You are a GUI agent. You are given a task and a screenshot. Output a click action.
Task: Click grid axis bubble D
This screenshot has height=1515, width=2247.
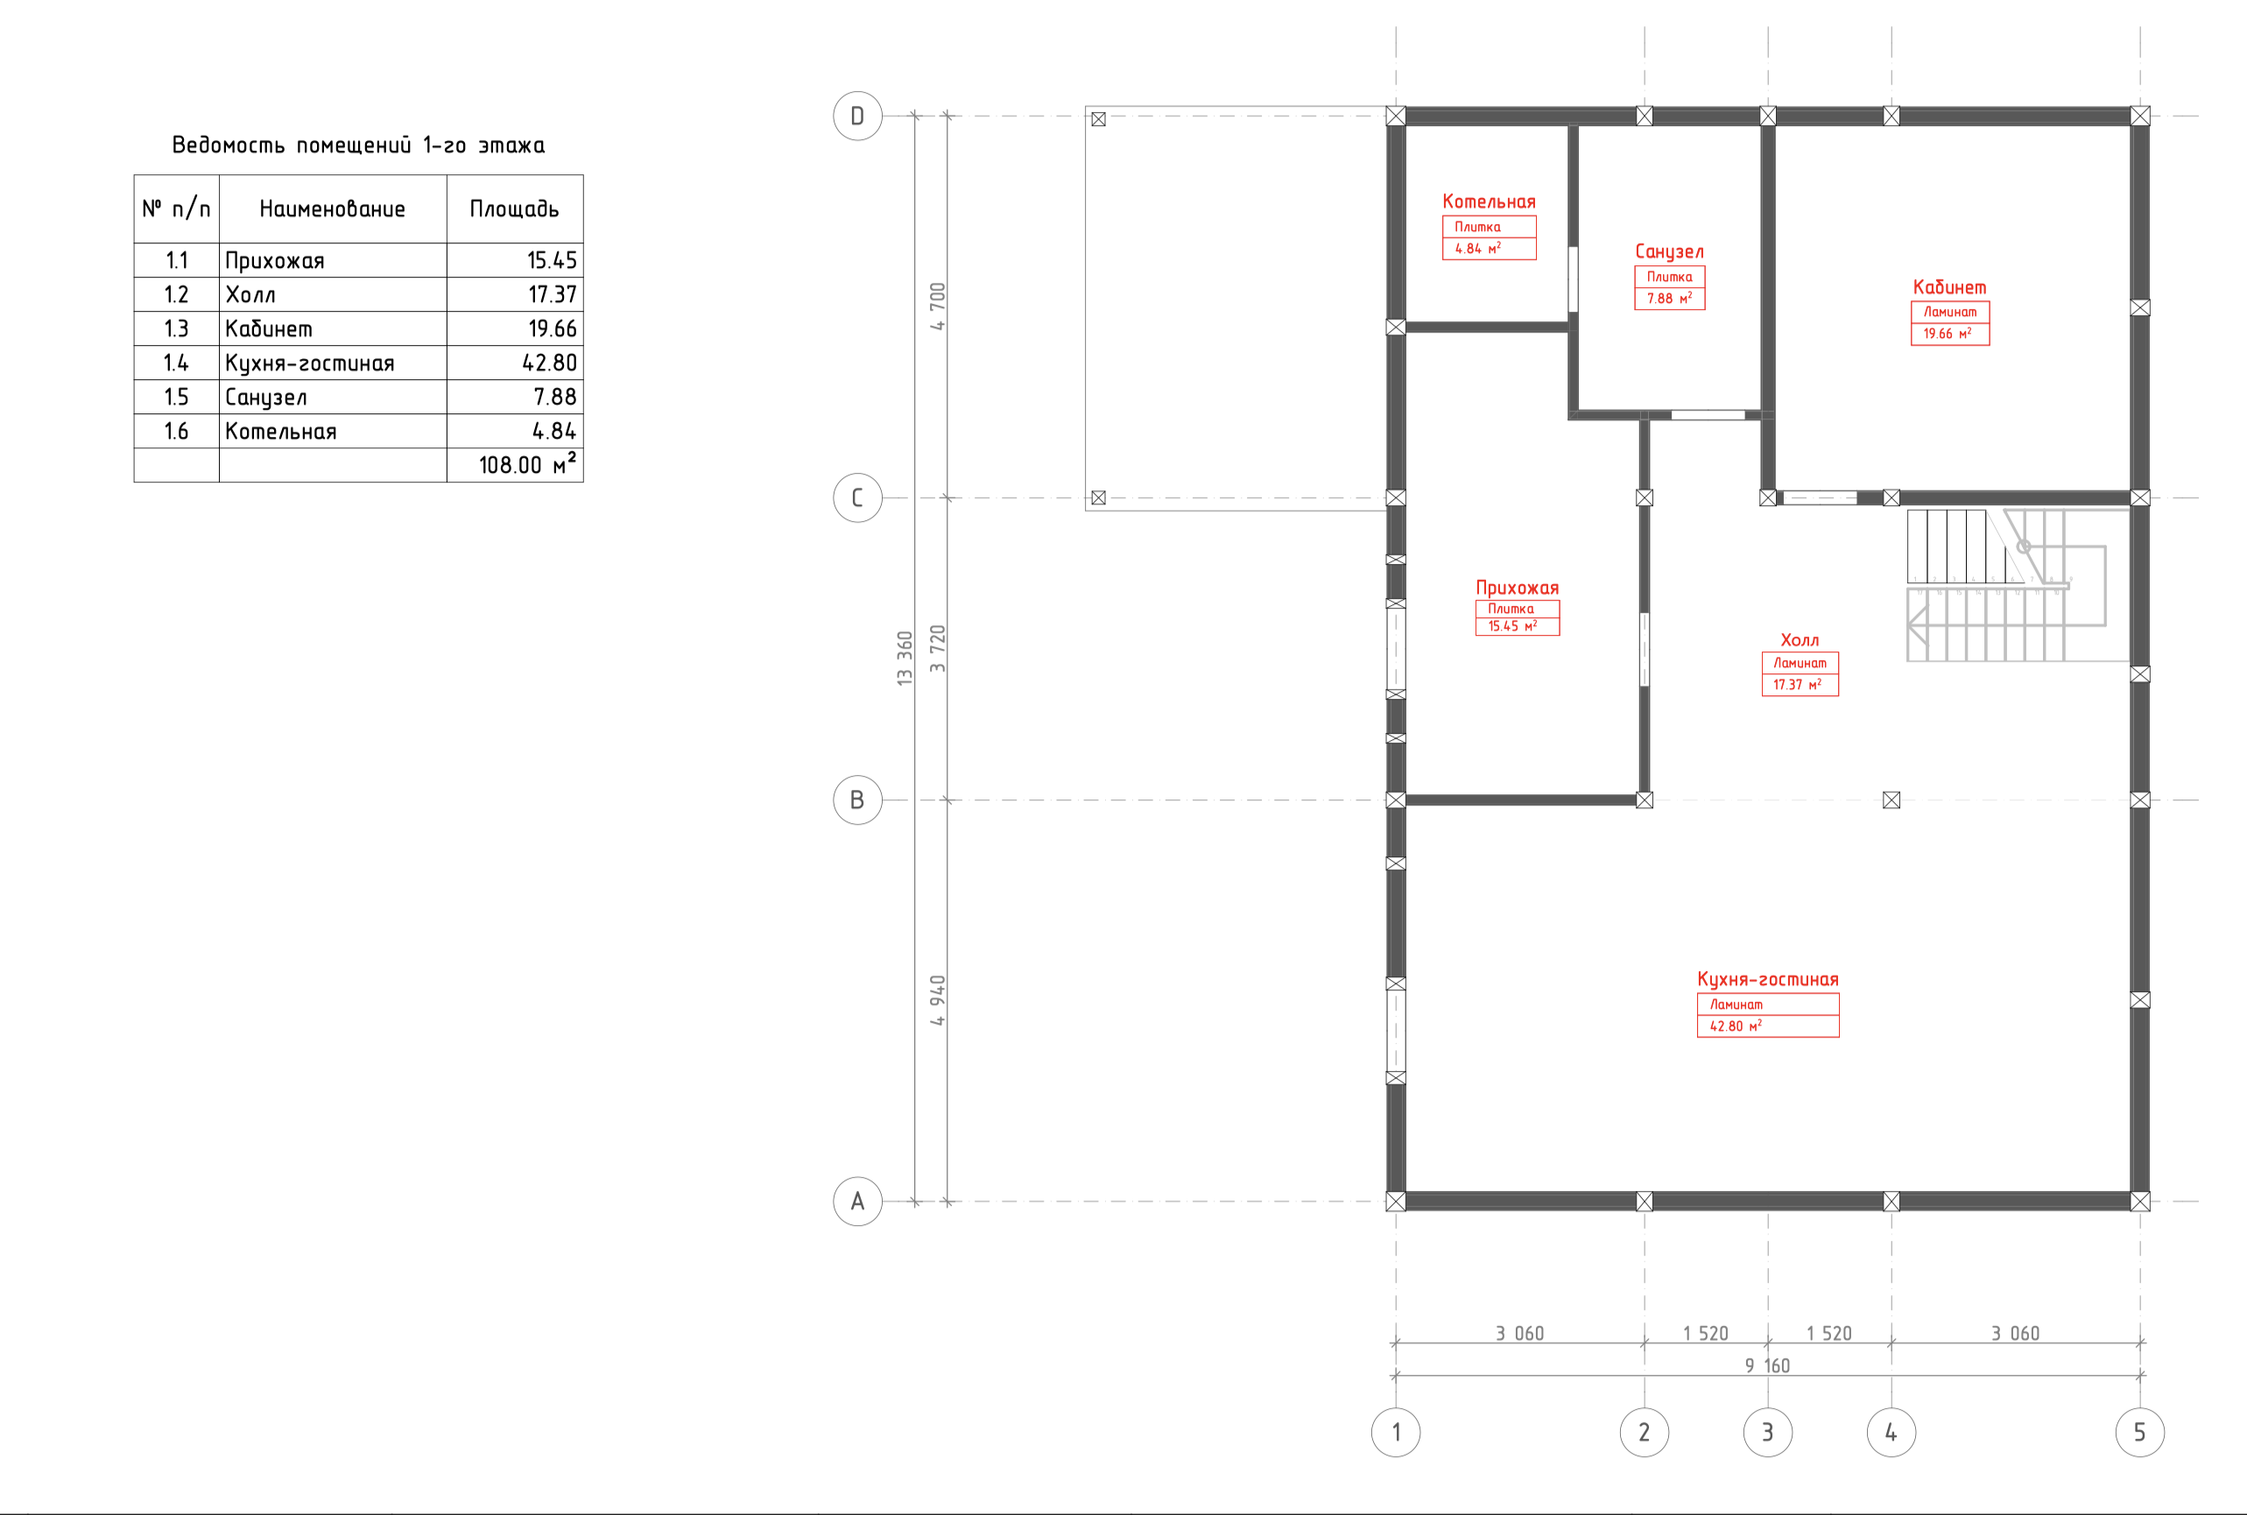[x=857, y=116]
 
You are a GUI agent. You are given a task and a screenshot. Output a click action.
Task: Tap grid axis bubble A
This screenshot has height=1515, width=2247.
[x=857, y=1201]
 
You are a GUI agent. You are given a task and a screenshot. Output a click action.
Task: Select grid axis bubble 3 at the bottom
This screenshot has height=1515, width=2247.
[x=1767, y=1432]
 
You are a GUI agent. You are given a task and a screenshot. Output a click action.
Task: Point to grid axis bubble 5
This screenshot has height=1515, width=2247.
[x=2138, y=1432]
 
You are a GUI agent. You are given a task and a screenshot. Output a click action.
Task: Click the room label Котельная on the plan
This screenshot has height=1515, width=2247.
[x=1489, y=201]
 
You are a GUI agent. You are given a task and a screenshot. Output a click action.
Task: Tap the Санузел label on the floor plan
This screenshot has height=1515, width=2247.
[x=1669, y=251]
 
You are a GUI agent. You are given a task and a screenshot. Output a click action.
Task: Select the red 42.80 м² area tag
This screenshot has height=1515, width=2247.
[x=1735, y=1026]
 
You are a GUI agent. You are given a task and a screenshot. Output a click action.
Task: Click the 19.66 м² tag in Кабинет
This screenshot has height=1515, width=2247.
[x=1947, y=334]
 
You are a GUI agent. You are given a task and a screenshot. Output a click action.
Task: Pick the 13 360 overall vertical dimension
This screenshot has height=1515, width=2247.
[x=905, y=659]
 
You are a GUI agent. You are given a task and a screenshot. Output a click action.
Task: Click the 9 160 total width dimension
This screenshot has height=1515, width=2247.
[x=1767, y=1365]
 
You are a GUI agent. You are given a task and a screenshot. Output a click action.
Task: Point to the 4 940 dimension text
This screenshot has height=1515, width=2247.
[x=937, y=1001]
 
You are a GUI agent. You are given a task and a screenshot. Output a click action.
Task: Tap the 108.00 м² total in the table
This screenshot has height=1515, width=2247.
[x=527, y=464]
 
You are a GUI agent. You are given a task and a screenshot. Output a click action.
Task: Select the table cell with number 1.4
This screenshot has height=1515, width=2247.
[x=176, y=363]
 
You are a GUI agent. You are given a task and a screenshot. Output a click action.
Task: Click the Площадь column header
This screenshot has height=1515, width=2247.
[x=514, y=208]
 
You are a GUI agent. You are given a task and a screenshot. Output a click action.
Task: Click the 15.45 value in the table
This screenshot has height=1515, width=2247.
[x=552, y=260]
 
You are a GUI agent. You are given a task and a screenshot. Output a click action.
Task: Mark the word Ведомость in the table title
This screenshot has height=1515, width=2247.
[x=228, y=144]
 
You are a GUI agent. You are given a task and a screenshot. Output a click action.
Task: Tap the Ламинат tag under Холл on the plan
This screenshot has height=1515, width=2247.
[x=1799, y=663]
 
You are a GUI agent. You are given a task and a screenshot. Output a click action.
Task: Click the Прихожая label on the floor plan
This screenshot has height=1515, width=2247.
[x=1517, y=588]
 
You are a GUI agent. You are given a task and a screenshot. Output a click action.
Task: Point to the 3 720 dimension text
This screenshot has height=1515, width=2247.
[x=937, y=648]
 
